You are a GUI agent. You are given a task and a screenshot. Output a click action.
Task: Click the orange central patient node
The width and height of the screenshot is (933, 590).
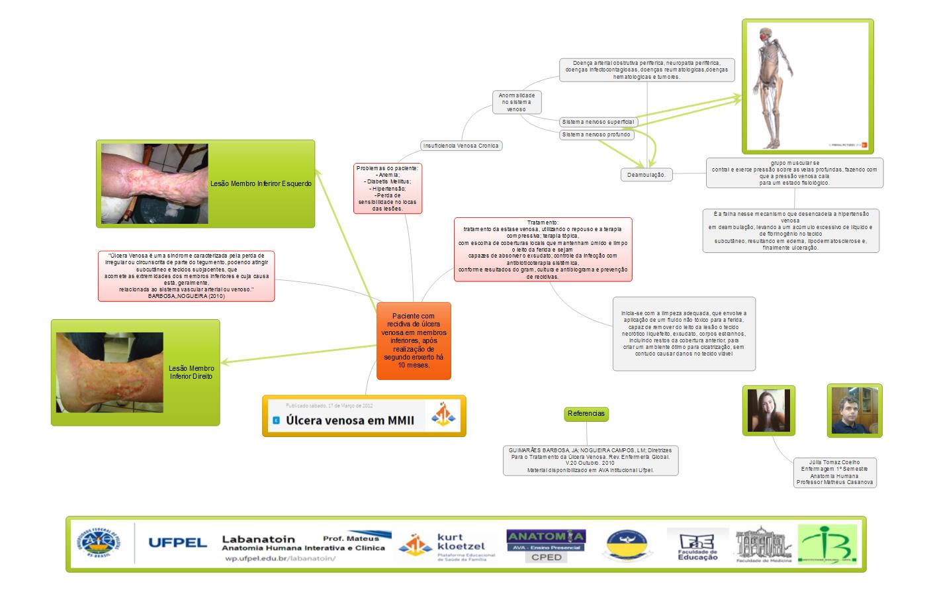pos(414,341)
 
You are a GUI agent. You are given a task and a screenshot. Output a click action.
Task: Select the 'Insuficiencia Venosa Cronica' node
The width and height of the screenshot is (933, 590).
pos(461,146)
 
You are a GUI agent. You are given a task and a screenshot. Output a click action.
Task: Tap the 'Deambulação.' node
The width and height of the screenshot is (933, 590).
pos(646,175)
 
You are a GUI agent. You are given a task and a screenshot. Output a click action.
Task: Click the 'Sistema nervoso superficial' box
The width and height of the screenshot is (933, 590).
pos(598,122)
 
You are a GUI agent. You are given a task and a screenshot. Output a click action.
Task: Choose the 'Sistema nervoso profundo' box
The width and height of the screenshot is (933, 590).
pos(596,134)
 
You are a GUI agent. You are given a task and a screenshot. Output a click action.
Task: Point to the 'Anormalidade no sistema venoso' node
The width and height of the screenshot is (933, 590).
pos(517,102)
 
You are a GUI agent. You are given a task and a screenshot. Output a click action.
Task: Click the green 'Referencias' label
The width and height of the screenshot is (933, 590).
pos(586,414)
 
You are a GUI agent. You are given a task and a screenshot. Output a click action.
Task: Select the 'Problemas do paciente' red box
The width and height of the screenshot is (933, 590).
pos(387,188)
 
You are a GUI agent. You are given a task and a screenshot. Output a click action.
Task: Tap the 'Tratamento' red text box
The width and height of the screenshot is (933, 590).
pos(543,250)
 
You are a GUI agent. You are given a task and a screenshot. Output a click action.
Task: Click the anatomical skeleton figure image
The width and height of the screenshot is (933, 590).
pos(807,86)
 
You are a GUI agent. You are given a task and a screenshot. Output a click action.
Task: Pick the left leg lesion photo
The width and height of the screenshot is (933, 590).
pos(155,183)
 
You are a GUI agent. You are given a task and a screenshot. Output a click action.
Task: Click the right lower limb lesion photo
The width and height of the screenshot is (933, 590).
pos(109,373)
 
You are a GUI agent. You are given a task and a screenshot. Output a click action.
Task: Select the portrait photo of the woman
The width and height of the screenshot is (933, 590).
pos(768,410)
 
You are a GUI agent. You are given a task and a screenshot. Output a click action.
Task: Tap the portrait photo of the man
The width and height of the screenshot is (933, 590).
pos(854,410)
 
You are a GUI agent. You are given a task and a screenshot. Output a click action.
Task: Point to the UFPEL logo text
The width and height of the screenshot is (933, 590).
pos(177,543)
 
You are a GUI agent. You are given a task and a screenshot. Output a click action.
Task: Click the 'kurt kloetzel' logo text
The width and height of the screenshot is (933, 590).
pos(461,542)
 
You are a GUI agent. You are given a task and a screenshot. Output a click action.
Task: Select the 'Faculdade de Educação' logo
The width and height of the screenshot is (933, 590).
pos(697,544)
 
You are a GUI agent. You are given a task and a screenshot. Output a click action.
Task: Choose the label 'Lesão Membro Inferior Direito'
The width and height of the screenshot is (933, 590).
pos(191,372)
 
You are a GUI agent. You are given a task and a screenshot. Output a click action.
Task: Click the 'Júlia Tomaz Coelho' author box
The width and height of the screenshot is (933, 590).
pos(836,472)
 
